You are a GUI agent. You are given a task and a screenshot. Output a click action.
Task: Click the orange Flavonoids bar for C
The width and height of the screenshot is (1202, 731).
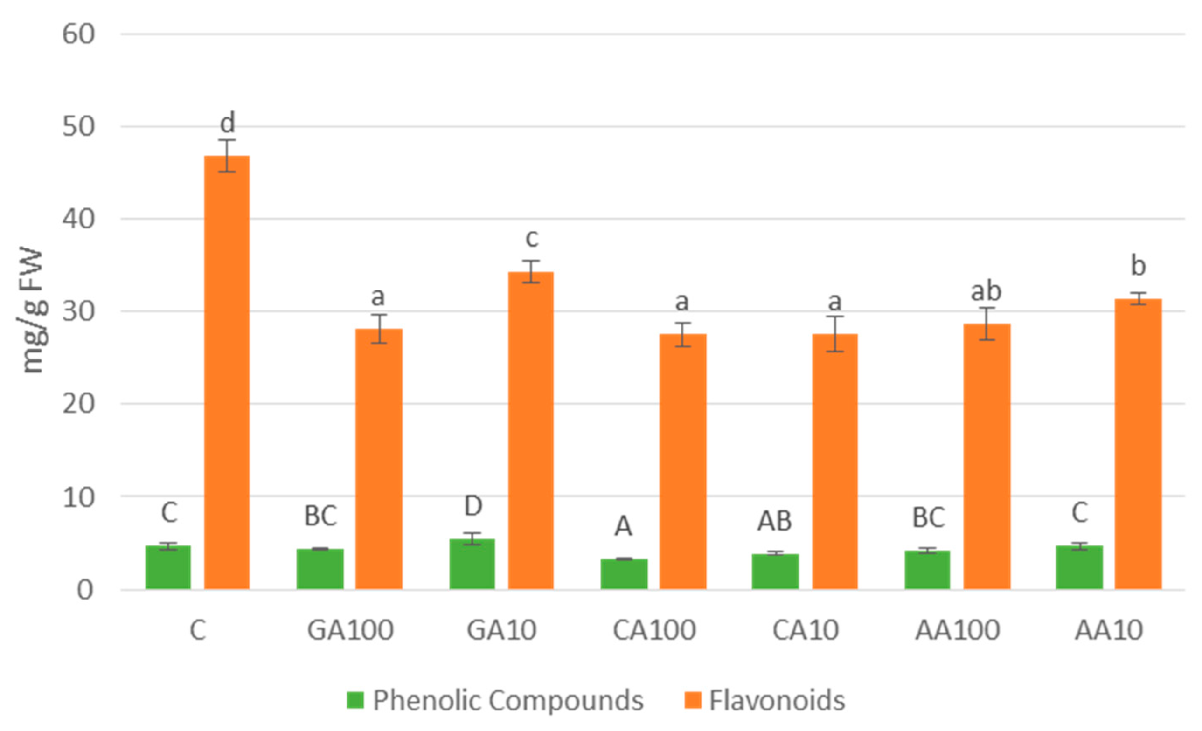click(x=227, y=372)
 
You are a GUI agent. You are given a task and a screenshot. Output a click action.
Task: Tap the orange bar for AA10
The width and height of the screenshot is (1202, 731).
click(x=1138, y=444)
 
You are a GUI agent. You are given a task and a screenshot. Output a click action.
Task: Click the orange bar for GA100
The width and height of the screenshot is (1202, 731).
click(x=379, y=459)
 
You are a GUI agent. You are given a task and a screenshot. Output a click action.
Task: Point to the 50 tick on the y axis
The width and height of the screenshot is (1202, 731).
click(x=78, y=127)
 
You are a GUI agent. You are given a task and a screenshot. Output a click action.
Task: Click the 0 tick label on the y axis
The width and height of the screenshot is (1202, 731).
click(x=85, y=590)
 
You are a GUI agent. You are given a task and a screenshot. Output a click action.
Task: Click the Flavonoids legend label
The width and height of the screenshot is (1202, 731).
click(x=777, y=701)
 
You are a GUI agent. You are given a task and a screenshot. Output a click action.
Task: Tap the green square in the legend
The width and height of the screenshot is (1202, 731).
click(x=355, y=700)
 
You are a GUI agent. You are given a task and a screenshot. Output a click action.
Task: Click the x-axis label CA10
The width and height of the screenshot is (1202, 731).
click(x=806, y=630)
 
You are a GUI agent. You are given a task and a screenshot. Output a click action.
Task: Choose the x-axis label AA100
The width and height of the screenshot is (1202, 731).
click(x=958, y=630)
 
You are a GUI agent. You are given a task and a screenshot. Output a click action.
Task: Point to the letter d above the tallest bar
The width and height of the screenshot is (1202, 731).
click(x=227, y=122)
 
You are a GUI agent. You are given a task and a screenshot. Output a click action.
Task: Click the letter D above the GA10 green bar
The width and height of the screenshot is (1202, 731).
click(x=472, y=506)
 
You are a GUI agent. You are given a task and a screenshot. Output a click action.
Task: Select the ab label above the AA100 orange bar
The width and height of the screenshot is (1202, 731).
click(x=986, y=291)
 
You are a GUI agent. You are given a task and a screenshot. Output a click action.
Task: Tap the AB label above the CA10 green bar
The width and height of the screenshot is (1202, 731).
click(x=774, y=521)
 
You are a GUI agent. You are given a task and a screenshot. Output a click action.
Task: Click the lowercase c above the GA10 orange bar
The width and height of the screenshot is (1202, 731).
click(x=532, y=238)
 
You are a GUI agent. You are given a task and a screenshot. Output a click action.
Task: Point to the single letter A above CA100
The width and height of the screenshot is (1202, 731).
click(x=623, y=526)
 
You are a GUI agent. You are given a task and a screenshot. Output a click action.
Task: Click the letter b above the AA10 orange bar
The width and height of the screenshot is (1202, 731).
click(x=1138, y=265)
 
